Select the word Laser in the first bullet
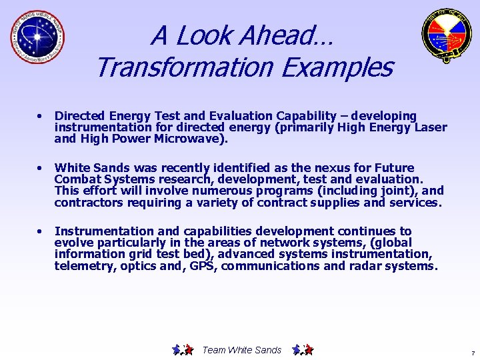[431, 128]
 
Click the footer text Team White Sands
[241, 350]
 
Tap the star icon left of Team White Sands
[182, 349]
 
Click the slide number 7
[472, 353]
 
